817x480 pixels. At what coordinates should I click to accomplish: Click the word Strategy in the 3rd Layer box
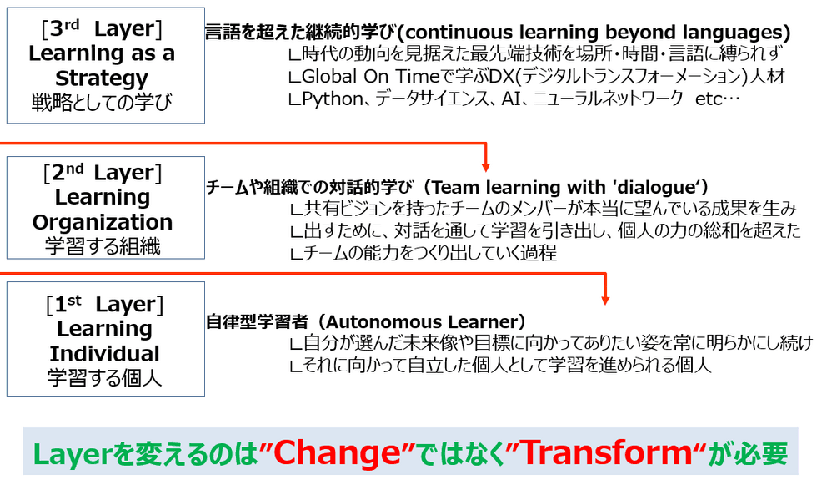pos(102,78)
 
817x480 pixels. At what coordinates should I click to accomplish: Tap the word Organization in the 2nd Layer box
pos(102,222)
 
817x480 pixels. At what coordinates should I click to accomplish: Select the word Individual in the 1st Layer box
pos(105,354)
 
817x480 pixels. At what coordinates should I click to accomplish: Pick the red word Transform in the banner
pos(606,452)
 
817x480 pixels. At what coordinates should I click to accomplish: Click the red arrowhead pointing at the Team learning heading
pos(485,167)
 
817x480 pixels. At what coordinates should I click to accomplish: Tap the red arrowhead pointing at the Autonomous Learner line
pos(605,300)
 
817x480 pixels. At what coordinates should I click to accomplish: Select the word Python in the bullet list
pos(333,99)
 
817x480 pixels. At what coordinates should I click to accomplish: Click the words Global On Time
pos(371,76)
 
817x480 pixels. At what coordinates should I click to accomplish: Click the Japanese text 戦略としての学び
pos(102,102)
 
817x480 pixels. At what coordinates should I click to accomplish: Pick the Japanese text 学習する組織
pos(103,245)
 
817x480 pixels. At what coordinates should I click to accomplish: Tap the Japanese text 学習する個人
pos(105,377)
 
